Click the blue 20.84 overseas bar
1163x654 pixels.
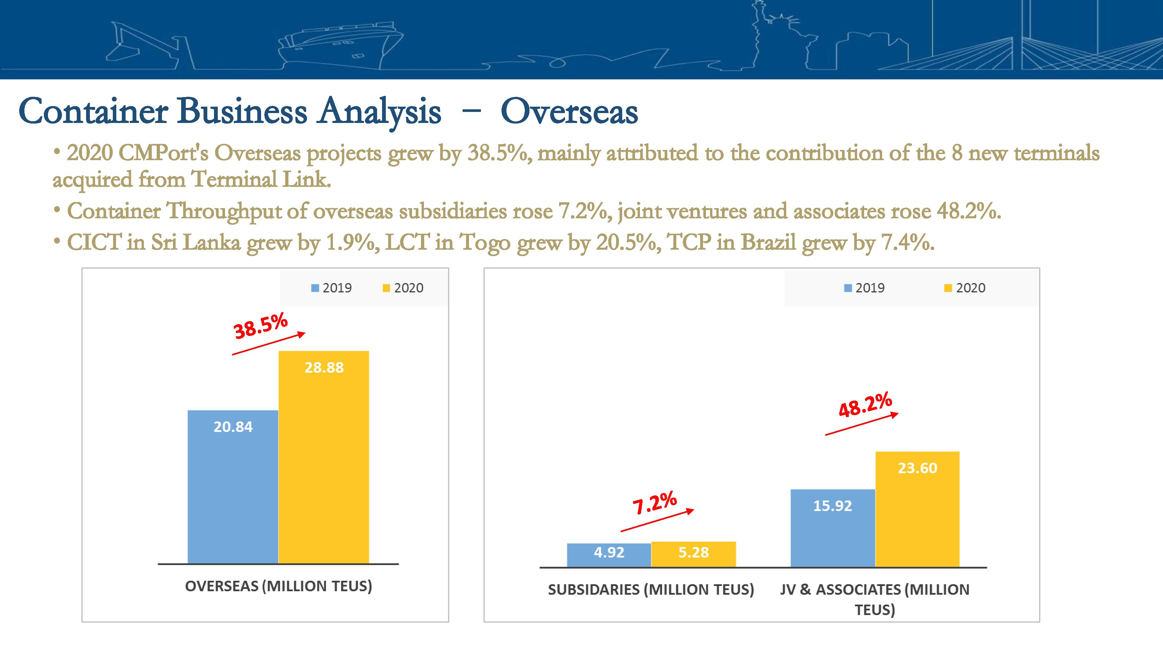point(233,487)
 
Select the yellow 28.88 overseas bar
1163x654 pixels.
point(324,457)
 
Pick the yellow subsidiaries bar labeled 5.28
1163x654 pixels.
point(693,554)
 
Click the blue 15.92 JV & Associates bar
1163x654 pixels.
point(833,528)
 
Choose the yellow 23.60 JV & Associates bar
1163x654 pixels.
point(917,509)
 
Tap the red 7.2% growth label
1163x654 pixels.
point(655,503)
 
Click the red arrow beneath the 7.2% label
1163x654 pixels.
point(657,520)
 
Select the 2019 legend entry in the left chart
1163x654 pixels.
point(331,288)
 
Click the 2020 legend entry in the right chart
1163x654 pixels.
point(965,288)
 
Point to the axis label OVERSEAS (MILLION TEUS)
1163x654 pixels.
point(279,586)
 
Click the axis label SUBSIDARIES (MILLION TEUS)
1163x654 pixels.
point(651,589)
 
